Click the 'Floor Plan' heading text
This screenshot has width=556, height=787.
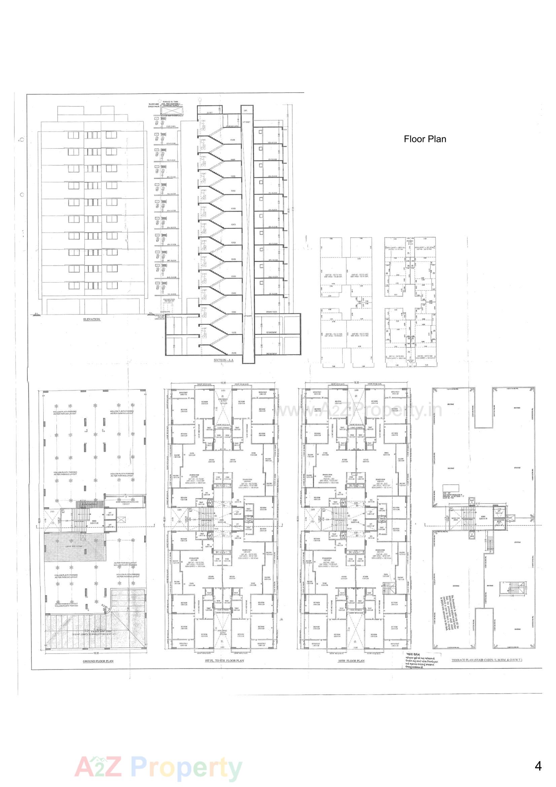(x=425, y=139)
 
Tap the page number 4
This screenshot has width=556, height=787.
(x=538, y=766)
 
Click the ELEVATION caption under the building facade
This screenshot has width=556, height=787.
(x=92, y=319)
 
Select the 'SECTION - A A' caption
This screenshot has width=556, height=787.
(x=223, y=360)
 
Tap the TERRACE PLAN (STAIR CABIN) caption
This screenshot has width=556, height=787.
(x=487, y=660)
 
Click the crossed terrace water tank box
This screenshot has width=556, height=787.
(x=173, y=109)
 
